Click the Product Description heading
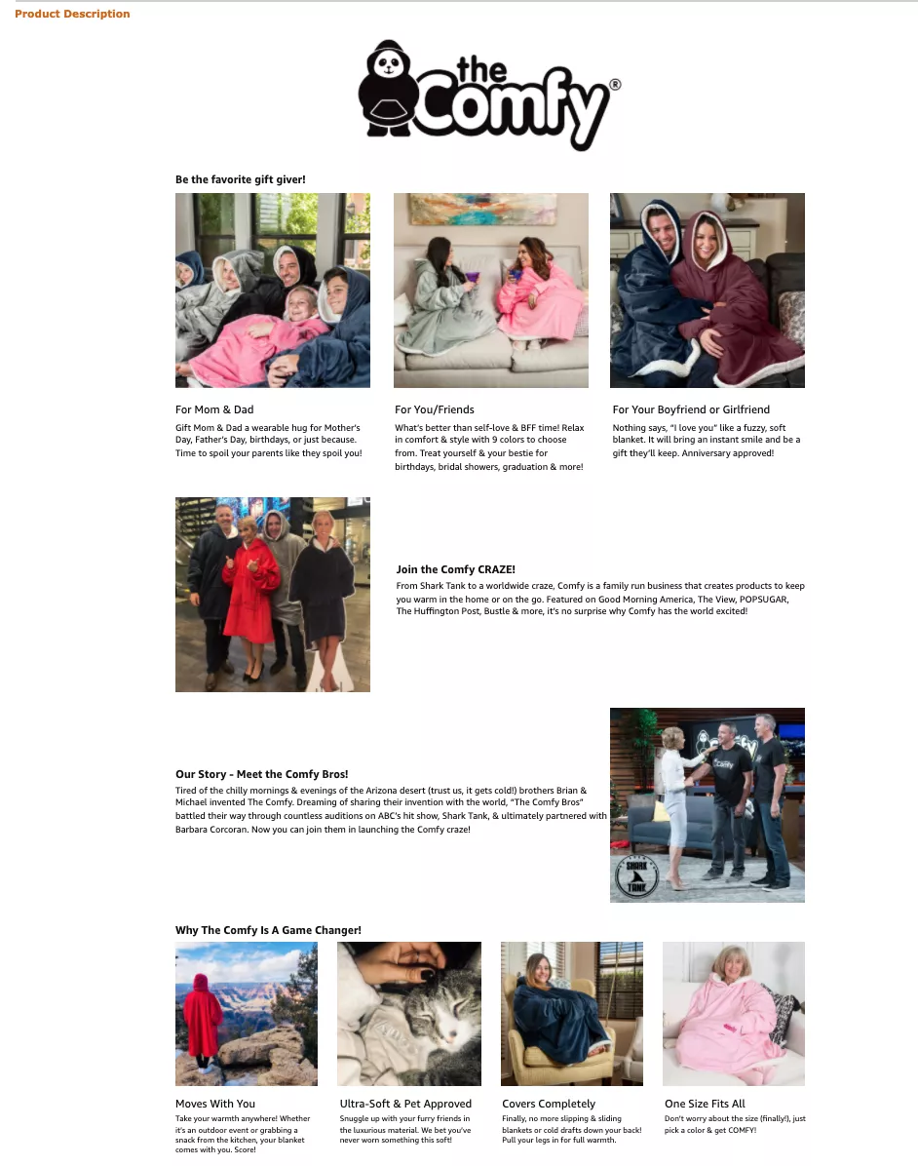pyautogui.click(x=72, y=14)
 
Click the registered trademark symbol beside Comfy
pyautogui.click(x=614, y=85)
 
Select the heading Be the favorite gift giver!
pyautogui.click(x=240, y=179)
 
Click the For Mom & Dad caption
pyautogui.click(x=214, y=409)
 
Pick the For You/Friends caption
pyautogui.click(x=435, y=409)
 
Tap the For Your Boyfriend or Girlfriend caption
pyautogui.click(x=691, y=409)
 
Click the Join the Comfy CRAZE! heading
pyautogui.click(x=455, y=569)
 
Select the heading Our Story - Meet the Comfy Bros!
pyautogui.click(x=261, y=774)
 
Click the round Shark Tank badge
pyautogui.click(x=636, y=875)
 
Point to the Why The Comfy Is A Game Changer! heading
pyautogui.click(x=268, y=930)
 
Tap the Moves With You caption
pyautogui.click(x=215, y=1104)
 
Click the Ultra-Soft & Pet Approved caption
pyautogui.click(x=405, y=1104)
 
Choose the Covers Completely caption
pyautogui.click(x=549, y=1104)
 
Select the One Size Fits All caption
pyautogui.click(x=705, y=1104)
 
